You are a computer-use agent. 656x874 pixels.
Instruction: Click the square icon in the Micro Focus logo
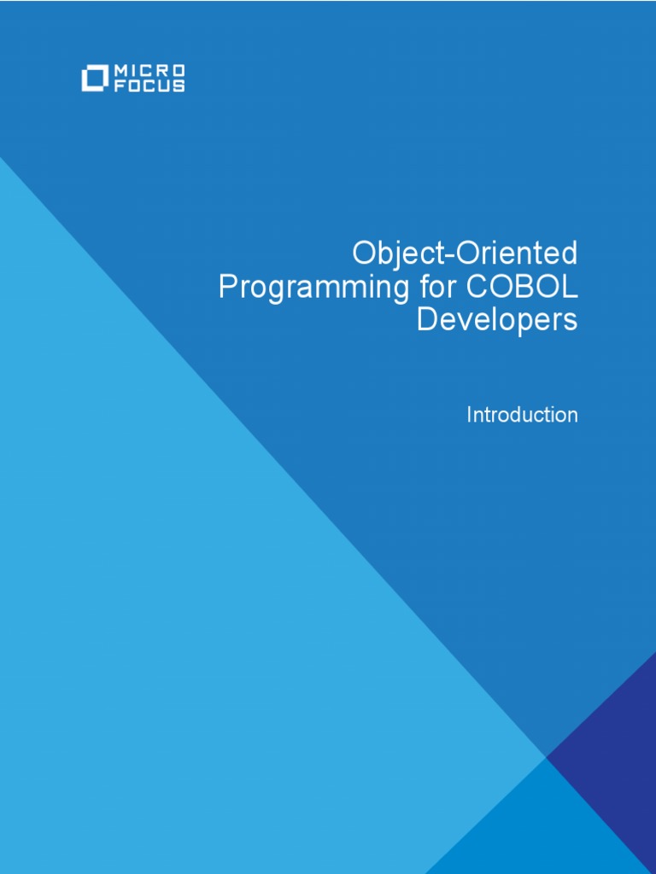pos(92,79)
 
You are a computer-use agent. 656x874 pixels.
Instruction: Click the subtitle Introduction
pos(522,415)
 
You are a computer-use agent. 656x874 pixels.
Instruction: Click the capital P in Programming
pos(227,287)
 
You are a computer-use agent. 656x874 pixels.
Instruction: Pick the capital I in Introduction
pos(469,415)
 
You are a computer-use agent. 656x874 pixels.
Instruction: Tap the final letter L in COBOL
pos(570,287)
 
